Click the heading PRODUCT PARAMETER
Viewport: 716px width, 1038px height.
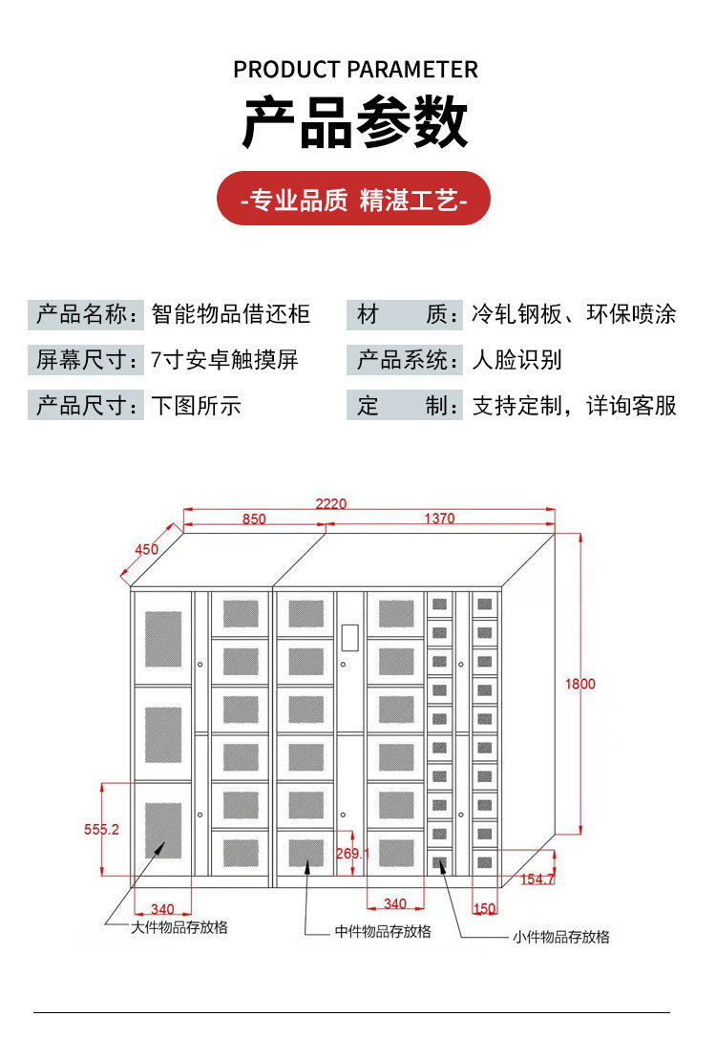coord(355,70)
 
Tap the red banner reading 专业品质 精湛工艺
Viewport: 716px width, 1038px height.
coord(354,201)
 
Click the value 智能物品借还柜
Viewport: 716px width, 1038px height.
coord(231,314)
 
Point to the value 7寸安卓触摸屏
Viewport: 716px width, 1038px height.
coord(224,360)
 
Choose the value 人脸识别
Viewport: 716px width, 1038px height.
coord(517,360)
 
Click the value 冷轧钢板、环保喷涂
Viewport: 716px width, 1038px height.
coord(574,314)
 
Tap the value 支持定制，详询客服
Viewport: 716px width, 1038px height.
coord(574,406)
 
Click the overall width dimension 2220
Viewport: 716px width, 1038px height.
coord(331,503)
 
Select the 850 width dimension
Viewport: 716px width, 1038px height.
coord(253,519)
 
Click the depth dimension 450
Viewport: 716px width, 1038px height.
coord(146,549)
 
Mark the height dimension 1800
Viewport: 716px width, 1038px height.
coord(579,684)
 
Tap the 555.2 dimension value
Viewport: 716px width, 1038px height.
coord(101,830)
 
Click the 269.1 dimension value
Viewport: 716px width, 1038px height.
coord(352,853)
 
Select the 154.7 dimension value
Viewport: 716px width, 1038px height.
coord(537,879)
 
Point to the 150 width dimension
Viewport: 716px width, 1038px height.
coord(485,909)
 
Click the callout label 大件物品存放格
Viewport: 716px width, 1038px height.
coord(179,927)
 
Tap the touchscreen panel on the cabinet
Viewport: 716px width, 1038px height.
coord(350,637)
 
